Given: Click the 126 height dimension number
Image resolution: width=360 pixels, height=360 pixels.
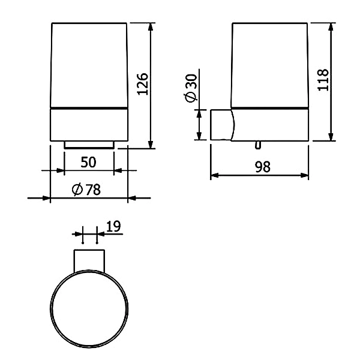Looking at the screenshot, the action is point(143,84).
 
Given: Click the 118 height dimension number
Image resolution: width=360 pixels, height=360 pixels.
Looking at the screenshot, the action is point(323,80).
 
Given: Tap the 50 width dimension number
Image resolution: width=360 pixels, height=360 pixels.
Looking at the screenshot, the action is point(88,162).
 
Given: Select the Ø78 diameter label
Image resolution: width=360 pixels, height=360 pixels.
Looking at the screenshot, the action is point(86,190).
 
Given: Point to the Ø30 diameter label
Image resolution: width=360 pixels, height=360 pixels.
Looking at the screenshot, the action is point(191,88).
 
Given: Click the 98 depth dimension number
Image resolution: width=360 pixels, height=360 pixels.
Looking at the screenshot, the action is point(263,167).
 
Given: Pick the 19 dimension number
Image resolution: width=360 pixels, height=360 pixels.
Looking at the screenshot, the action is point(113,226).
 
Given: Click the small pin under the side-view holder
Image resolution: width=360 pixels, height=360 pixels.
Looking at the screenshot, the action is point(258,145).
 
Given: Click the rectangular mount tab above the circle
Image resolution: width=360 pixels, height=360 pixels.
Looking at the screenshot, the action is point(89,261).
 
